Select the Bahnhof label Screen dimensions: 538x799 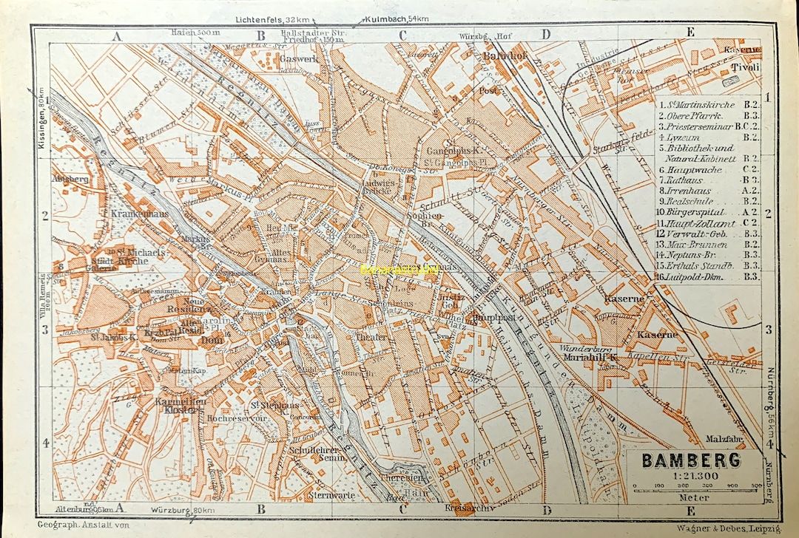[x=503, y=56]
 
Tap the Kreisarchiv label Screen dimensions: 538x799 [x=465, y=509]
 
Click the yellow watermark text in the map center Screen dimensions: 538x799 [x=399, y=270]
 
